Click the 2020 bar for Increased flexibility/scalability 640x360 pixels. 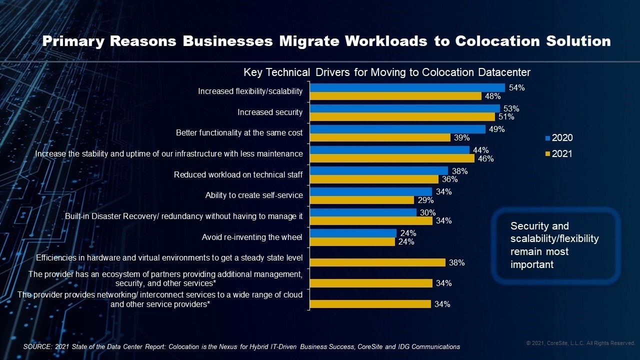coord(407,87)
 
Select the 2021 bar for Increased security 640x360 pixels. coord(402,116)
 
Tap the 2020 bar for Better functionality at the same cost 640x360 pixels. coord(397,129)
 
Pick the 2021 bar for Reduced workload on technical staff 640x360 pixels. coord(374,179)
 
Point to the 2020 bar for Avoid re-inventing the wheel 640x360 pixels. coord(353,233)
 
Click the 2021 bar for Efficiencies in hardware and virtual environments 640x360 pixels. coord(377,262)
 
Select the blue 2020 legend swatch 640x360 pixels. coord(547,138)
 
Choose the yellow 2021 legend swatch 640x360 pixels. coord(547,154)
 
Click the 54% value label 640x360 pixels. coord(516,87)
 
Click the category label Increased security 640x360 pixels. coord(270,112)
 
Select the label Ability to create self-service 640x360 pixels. coord(254,195)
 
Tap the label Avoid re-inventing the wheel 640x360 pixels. coord(252,237)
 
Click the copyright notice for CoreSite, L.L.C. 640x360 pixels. coord(580,343)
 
